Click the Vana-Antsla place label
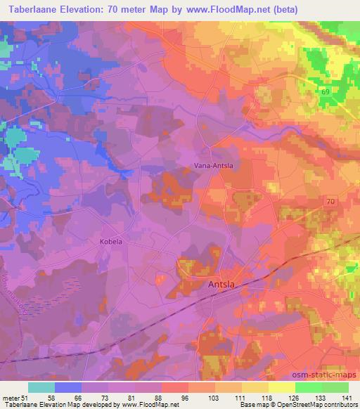(213, 166)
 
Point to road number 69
(325, 92)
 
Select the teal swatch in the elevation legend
(41, 387)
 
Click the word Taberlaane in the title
(30, 10)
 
